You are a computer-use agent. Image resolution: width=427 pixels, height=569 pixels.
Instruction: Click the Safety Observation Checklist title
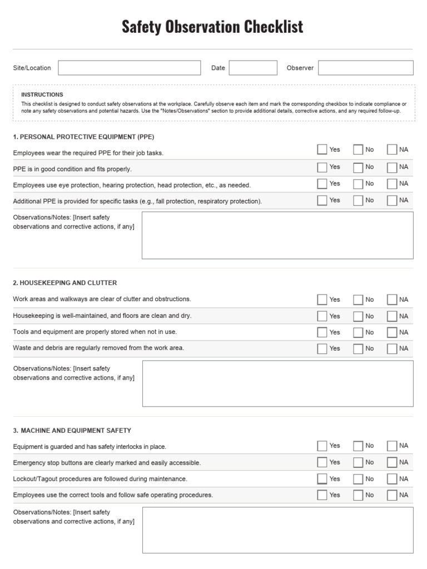point(212,27)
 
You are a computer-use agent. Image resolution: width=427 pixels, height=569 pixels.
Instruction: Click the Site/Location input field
point(129,68)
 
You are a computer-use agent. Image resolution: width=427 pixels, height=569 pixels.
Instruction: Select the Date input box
point(253,68)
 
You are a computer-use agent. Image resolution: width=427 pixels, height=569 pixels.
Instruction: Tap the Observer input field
point(365,68)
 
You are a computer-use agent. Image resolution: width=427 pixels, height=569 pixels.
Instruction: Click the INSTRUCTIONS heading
point(42,94)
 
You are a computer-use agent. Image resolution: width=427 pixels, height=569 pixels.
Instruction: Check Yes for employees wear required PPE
point(322,149)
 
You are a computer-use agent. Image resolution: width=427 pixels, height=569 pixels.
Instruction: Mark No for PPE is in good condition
point(358,167)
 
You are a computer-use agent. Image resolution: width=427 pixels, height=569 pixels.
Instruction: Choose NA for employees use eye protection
point(392,184)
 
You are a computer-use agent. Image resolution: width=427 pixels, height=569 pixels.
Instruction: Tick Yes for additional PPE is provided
point(322,201)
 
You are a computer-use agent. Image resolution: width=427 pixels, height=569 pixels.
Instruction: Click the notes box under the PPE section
point(277,235)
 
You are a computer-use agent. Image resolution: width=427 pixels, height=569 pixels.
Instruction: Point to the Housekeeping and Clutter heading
point(65,283)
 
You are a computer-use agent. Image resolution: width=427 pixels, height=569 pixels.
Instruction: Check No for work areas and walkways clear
point(358,300)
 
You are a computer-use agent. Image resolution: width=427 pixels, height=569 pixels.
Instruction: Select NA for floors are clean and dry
point(392,316)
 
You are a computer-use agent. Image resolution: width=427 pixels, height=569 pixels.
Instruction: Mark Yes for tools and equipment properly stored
point(322,332)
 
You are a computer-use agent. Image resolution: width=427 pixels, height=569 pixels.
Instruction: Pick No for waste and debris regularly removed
point(358,349)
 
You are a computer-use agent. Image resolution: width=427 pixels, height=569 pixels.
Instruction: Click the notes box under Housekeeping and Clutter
point(277,383)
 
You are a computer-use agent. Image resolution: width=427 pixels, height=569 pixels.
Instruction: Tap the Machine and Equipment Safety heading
point(72,430)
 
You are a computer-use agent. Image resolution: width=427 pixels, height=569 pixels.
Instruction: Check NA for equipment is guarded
point(392,446)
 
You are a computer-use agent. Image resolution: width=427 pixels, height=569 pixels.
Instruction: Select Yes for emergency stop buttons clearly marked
point(322,462)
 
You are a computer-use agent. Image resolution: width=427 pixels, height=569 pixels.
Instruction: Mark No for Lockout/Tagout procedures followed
point(358,479)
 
